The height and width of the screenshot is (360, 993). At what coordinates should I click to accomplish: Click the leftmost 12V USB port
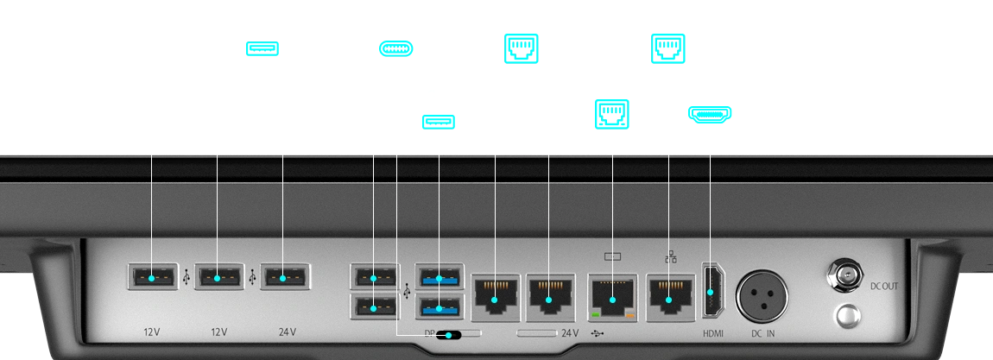click(x=153, y=278)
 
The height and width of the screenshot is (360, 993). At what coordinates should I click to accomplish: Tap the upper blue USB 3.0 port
click(x=440, y=278)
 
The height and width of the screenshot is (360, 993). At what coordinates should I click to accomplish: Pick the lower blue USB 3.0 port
click(x=440, y=306)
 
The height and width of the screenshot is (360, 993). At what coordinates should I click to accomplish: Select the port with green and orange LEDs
click(x=612, y=299)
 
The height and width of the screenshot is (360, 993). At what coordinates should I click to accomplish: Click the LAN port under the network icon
click(x=667, y=299)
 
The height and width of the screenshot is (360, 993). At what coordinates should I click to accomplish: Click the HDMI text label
click(x=712, y=333)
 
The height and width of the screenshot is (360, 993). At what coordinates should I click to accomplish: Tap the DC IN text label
click(x=764, y=333)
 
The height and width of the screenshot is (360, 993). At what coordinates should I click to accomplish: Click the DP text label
click(x=429, y=332)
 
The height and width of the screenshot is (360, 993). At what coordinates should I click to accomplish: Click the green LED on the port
click(x=596, y=317)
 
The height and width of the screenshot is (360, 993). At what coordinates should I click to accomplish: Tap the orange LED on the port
click(x=629, y=317)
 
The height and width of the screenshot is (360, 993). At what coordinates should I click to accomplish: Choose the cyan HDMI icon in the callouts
click(x=708, y=114)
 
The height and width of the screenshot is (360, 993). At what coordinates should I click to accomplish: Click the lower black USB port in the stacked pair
click(x=373, y=306)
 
